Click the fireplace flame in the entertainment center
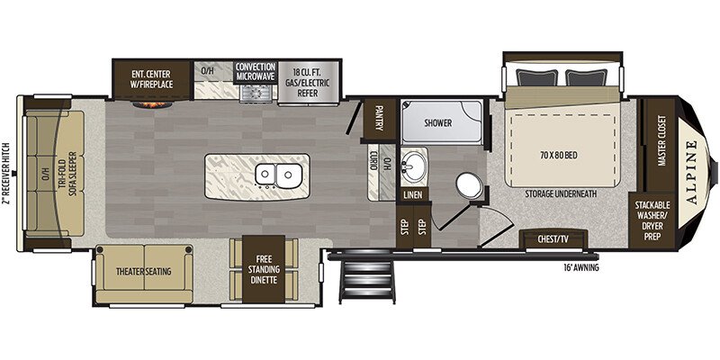pyautogui.click(x=153, y=104)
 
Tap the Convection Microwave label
pyautogui.click(x=256, y=71)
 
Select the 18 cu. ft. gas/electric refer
pyautogui.click(x=309, y=83)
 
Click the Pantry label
pyautogui.click(x=379, y=118)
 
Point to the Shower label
pyautogui.click(x=437, y=123)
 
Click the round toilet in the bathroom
pyautogui.click(x=469, y=185)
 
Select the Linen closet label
pyautogui.click(x=413, y=194)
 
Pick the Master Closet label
pyautogui.click(x=661, y=140)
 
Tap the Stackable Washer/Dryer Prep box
pyautogui.click(x=652, y=220)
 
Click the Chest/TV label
pyautogui.click(x=553, y=239)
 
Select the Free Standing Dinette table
pyautogui.click(x=264, y=269)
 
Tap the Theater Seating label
pyautogui.click(x=144, y=272)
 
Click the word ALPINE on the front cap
pyautogui.click(x=692, y=173)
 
